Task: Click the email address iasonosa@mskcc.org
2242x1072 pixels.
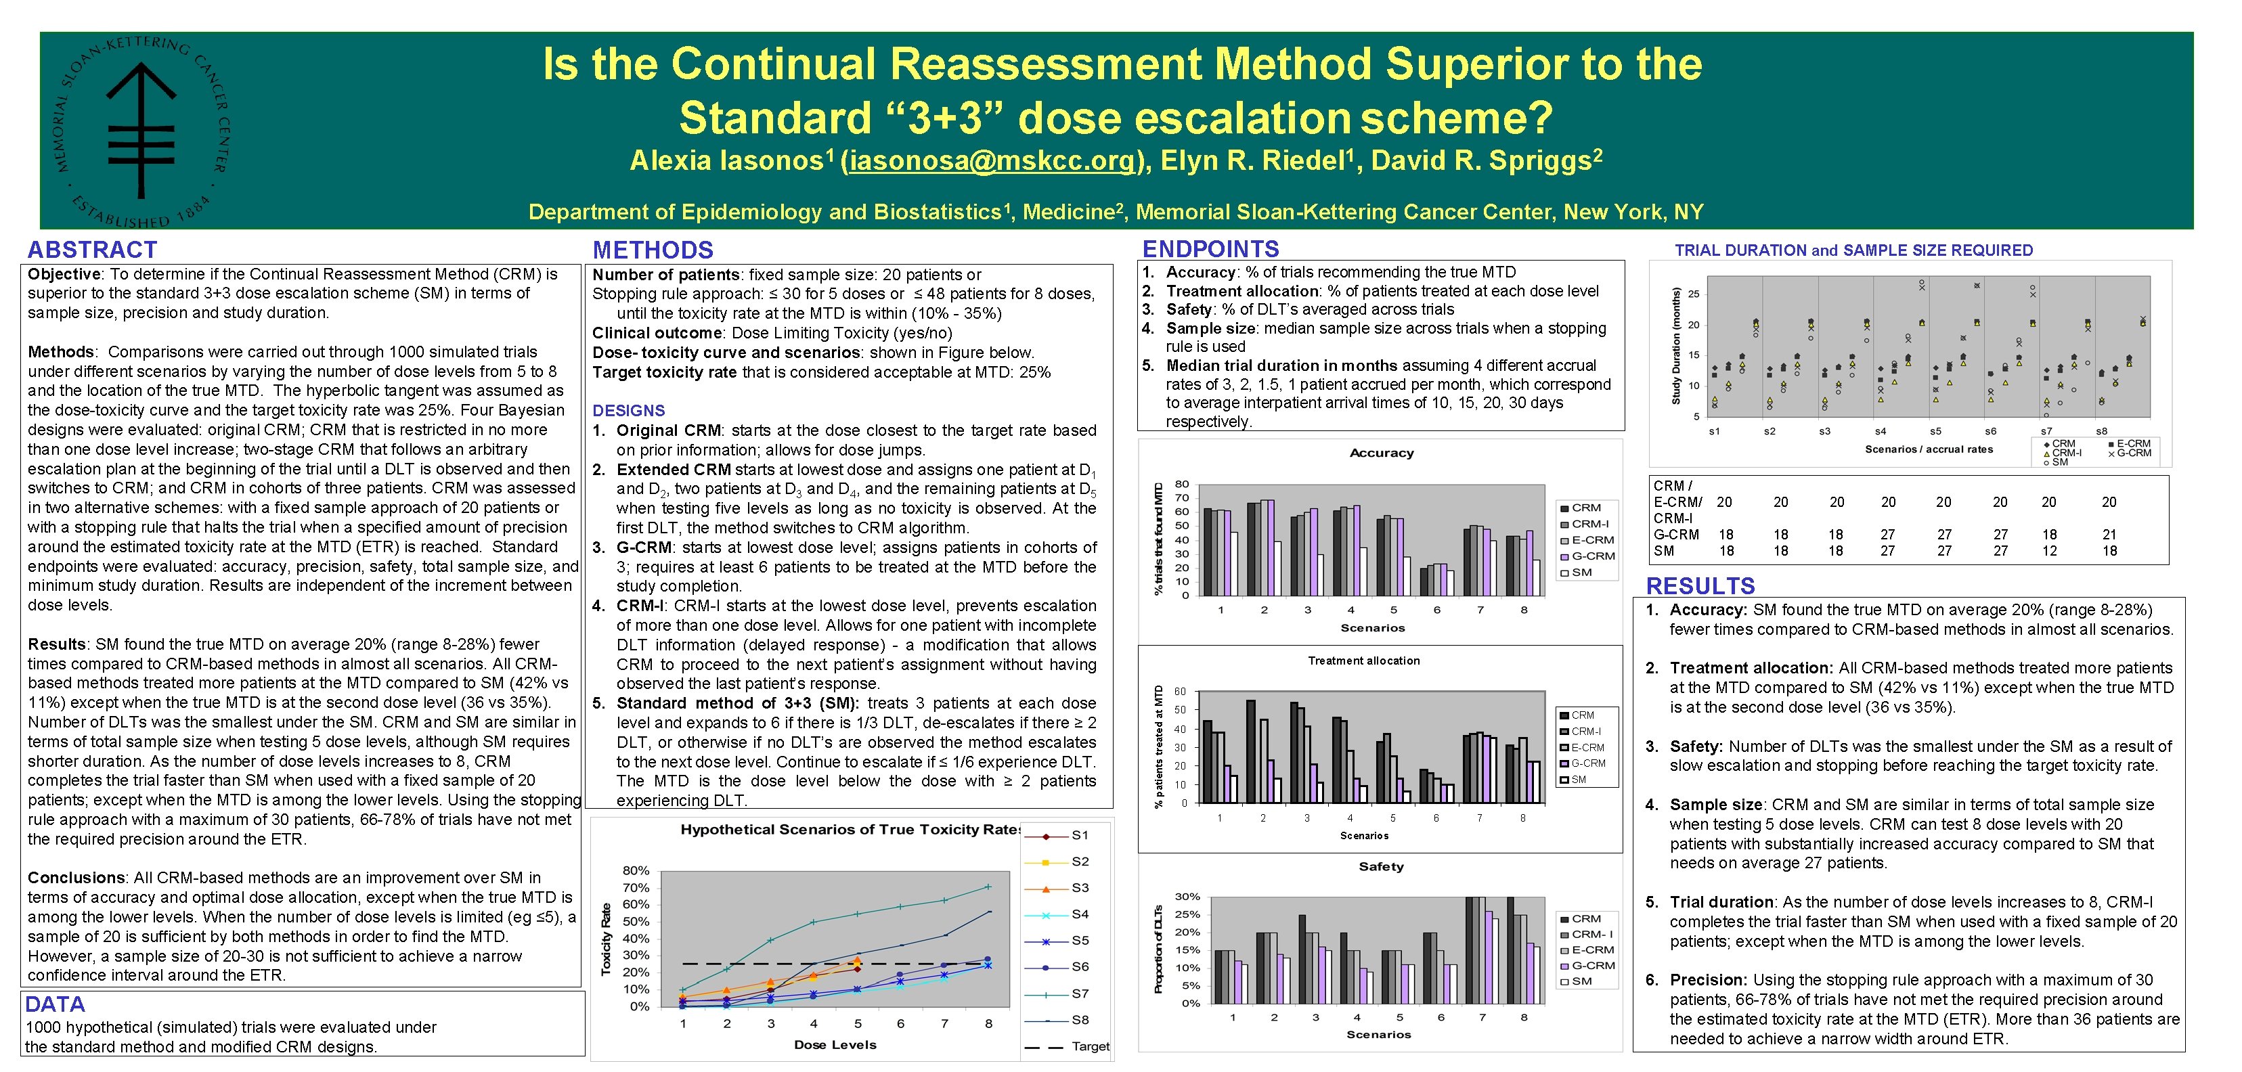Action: [989, 161]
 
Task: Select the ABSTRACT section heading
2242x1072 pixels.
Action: [92, 250]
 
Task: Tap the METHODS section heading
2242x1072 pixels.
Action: [653, 250]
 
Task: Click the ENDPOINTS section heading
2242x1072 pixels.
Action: [1210, 250]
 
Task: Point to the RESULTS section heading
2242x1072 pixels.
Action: [1700, 585]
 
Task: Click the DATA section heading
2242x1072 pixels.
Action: [55, 1004]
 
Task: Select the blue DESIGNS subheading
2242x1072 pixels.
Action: [628, 411]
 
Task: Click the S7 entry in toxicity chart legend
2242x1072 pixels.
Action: [1079, 993]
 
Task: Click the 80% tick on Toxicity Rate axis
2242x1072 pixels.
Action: [636, 870]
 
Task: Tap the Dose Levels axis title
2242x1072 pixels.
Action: [835, 1045]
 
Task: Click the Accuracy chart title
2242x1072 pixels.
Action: [1381, 453]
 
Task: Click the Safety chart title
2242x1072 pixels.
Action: [1380, 867]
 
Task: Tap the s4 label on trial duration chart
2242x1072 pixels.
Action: [1880, 432]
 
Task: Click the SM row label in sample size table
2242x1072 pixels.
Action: [1663, 551]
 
